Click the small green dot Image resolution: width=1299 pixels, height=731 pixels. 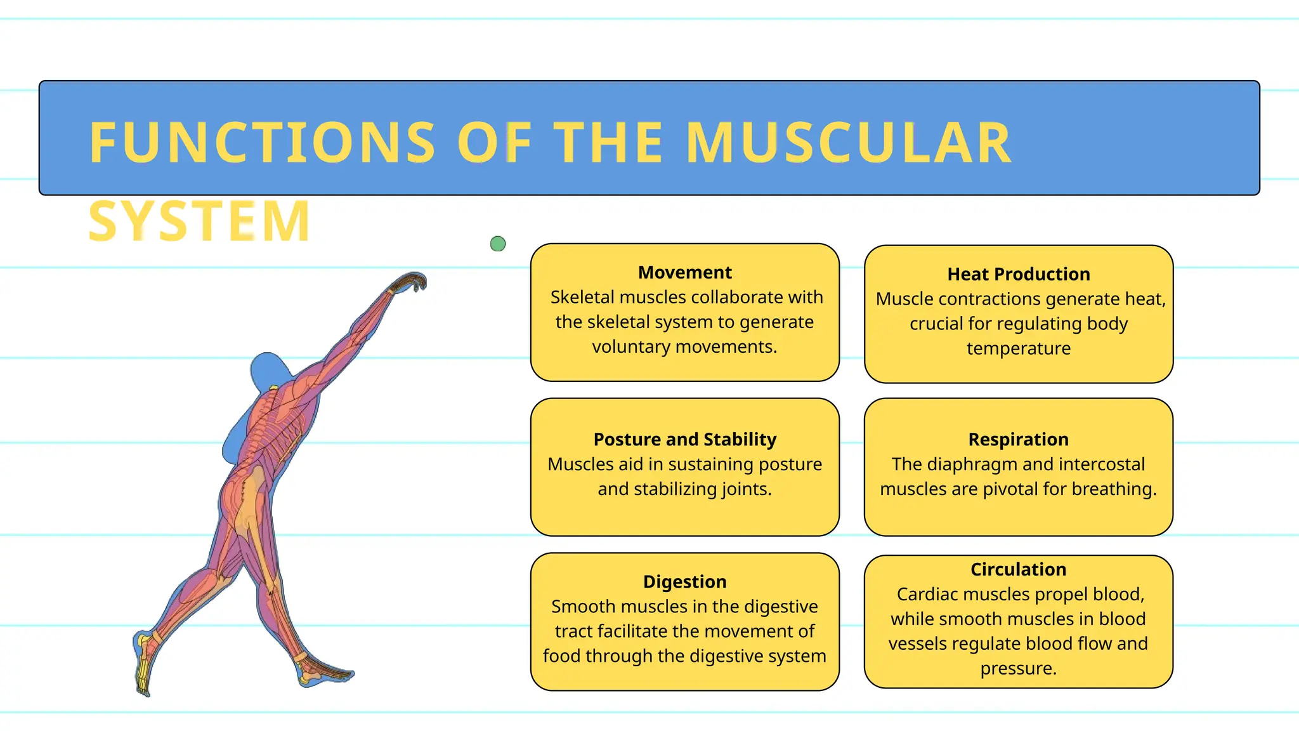click(498, 244)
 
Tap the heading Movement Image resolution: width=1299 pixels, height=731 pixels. click(684, 272)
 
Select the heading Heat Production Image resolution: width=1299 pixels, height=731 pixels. click(1018, 274)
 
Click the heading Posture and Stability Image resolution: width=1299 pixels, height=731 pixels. click(684, 439)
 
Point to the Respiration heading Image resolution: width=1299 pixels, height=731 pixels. click(1018, 439)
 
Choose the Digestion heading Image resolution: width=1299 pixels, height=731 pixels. click(684, 581)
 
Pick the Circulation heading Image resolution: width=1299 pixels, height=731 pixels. click(1018, 569)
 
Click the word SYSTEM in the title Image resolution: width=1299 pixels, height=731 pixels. click(199, 221)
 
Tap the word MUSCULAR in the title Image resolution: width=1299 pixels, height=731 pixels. click(848, 143)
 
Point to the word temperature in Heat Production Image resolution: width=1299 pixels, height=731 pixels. click(1018, 348)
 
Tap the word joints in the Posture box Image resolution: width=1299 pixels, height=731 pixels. click(746, 489)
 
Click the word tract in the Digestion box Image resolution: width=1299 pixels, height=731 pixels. click(573, 631)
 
